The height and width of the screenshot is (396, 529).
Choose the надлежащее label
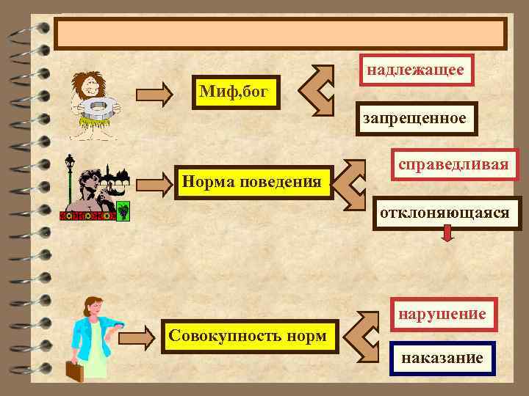click(415, 70)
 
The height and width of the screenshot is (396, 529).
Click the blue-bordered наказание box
click(442, 359)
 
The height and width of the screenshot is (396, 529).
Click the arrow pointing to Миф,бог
click(155, 93)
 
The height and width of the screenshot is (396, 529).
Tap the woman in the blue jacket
click(92, 334)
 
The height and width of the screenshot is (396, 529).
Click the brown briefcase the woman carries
click(74, 371)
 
